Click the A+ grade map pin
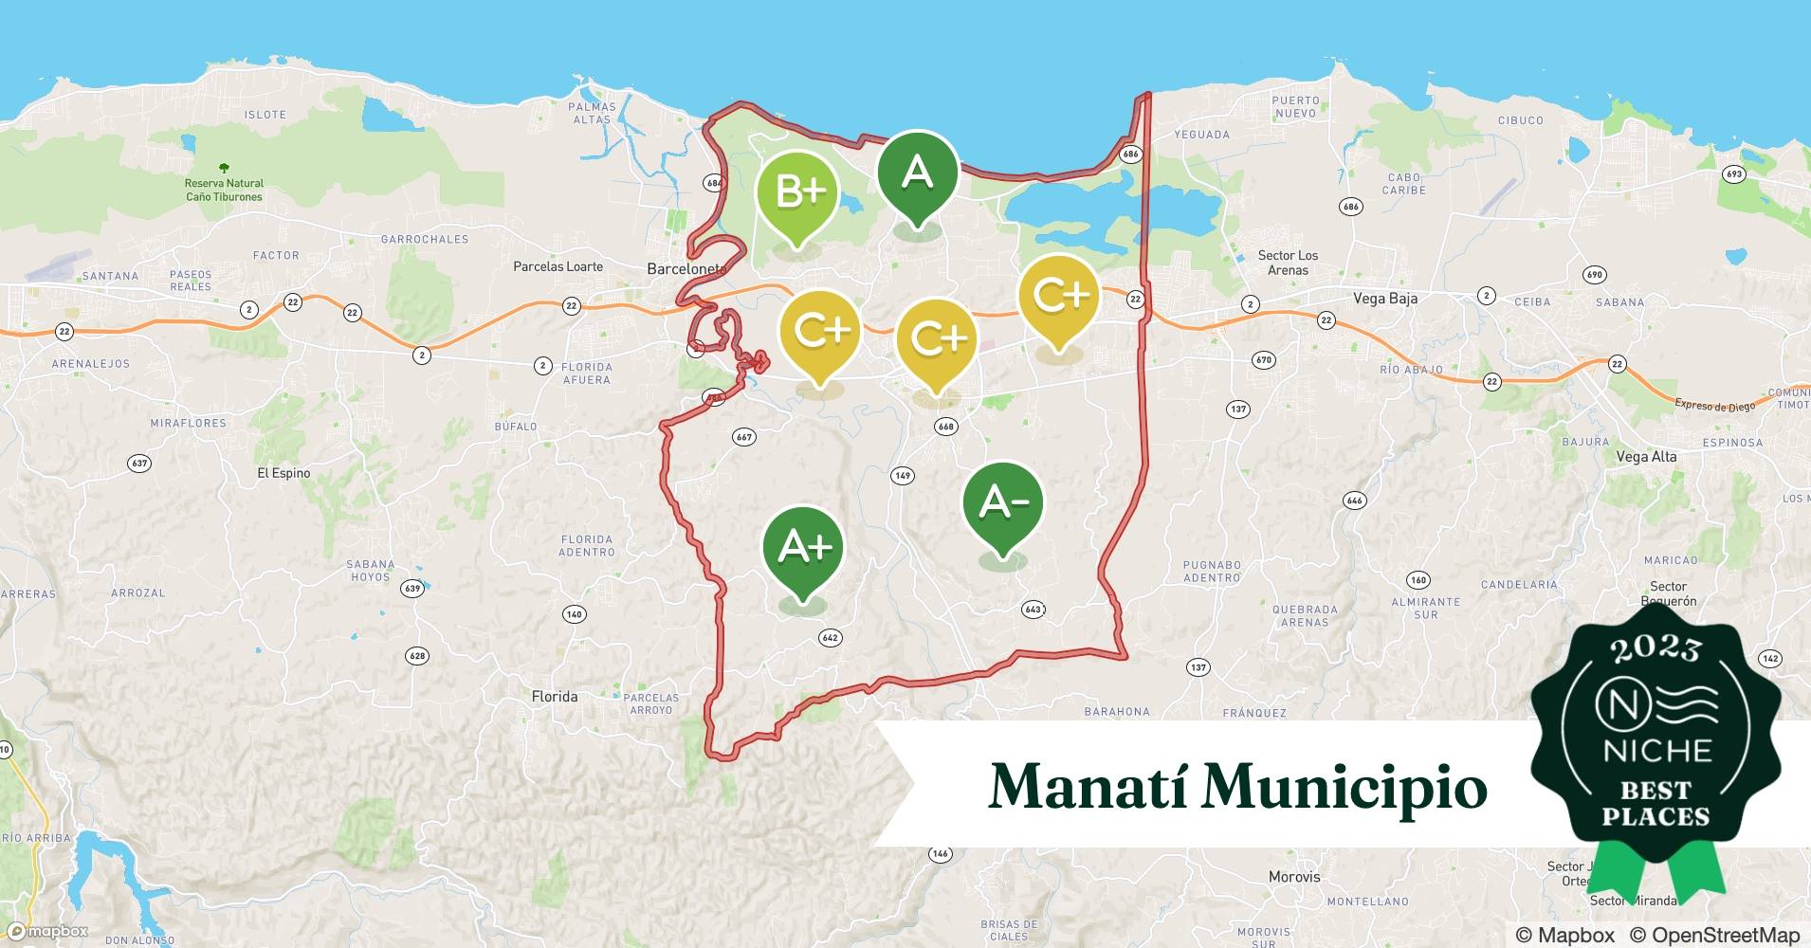(803, 548)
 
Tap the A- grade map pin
(1002, 503)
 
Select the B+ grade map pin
(797, 192)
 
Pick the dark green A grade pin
(917, 173)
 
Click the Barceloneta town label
(686, 269)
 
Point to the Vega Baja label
(1385, 299)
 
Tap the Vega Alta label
(1646, 457)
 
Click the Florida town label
(555, 697)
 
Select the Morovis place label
(1294, 877)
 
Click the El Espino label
(284, 473)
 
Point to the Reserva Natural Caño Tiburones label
(224, 190)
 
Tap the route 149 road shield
(902, 476)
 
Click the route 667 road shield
(743, 437)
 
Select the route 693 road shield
(1733, 174)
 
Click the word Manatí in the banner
(1088, 787)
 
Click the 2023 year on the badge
(1656, 649)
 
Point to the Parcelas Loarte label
(558, 267)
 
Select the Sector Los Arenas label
(1288, 263)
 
